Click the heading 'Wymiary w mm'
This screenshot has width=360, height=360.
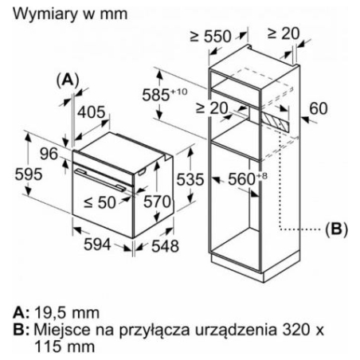[x=70, y=14]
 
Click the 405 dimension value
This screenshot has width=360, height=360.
[x=92, y=112]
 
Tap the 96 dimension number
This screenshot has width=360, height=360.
[x=49, y=154]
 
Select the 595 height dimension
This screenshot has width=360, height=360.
[x=29, y=174]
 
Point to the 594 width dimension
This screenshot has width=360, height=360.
[x=97, y=245]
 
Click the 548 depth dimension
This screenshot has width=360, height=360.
[x=165, y=246]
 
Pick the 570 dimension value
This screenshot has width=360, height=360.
[x=157, y=202]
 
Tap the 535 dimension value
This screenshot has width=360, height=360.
[x=190, y=179]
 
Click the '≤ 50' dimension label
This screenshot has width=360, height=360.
[x=100, y=202]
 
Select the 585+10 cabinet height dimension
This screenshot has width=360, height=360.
[x=165, y=94]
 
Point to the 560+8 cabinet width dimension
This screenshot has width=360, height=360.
[x=248, y=178]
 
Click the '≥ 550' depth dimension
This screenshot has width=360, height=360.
[x=211, y=36]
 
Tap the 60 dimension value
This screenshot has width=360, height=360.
[x=319, y=108]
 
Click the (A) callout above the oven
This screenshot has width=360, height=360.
[x=68, y=80]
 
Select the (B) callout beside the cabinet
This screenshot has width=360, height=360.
[x=336, y=229]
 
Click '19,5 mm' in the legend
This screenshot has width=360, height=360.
[x=67, y=313]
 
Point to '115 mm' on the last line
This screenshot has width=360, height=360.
[x=65, y=346]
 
